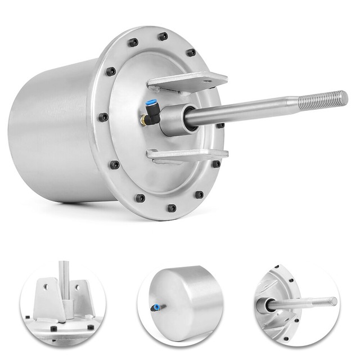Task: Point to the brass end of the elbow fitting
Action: click(x=144, y=120)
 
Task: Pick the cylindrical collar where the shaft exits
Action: click(x=174, y=119)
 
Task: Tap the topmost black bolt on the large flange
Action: click(x=163, y=37)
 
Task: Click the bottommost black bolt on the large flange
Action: click(x=172, y=208)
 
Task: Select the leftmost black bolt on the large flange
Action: click(x=103, y=117)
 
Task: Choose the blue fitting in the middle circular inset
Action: click(x=155, y=307)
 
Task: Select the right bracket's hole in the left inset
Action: click(x=77, y=287)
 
